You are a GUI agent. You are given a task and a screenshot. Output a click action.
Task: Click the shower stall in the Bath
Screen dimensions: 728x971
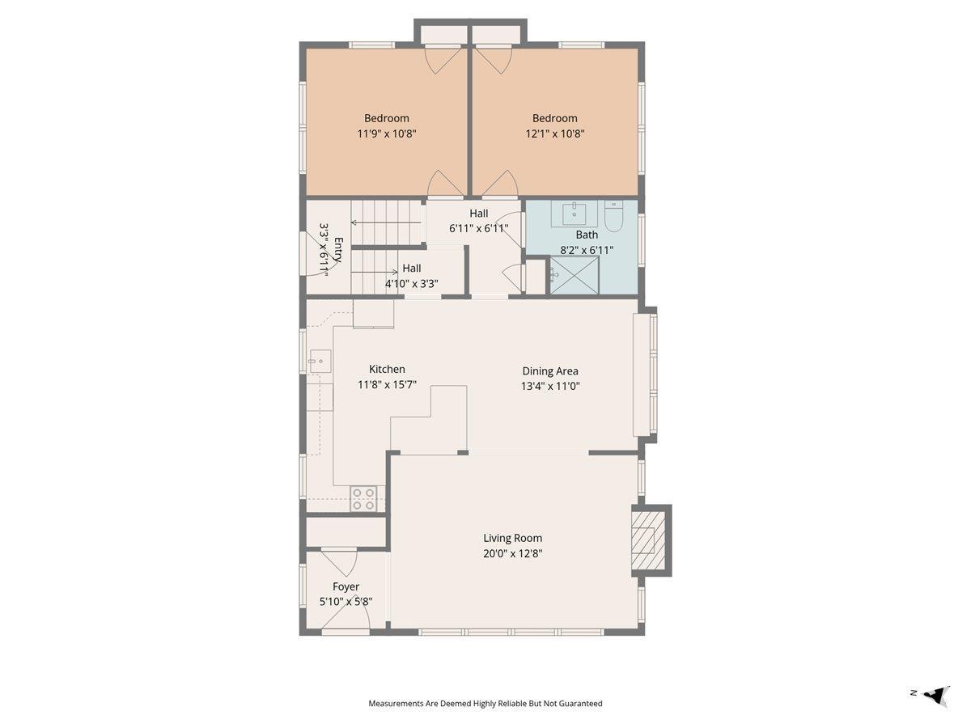tap(575, 277)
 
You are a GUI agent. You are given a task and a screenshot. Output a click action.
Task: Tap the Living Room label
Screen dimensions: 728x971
tap(512, 538)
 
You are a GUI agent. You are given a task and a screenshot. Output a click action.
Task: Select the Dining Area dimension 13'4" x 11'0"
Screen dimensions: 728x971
tap(550, 386)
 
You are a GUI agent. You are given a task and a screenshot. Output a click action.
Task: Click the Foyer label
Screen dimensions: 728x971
tap(346, 586)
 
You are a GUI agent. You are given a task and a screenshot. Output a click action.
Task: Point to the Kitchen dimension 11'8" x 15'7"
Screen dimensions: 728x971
tap(387, 384)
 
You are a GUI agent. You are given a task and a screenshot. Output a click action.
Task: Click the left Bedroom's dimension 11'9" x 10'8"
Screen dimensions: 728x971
tap(387, 133)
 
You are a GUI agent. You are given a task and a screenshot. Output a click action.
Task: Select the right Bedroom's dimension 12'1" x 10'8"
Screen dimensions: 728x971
tap(555, 133)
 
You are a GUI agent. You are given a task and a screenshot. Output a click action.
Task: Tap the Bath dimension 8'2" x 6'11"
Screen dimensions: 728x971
tap(587, 250)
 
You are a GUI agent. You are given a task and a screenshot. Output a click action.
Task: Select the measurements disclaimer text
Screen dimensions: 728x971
tap(485, 704)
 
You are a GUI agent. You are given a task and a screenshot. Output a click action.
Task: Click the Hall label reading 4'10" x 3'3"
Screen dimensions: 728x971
tap(412, 283)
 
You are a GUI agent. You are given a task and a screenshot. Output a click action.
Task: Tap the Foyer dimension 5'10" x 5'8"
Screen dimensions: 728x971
tap(346, 602)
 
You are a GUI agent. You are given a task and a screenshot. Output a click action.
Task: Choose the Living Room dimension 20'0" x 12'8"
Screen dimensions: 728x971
tap(512, 554)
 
